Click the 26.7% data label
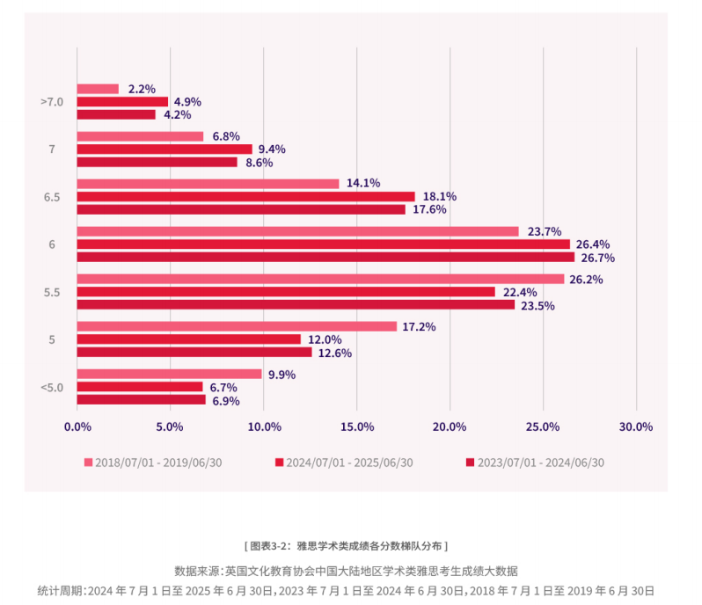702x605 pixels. point(596,258)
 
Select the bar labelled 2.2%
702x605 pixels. point(98,89)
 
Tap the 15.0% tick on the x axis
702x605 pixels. point(357,426)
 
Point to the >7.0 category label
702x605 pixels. point(52,102)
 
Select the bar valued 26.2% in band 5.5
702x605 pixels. point(320,279)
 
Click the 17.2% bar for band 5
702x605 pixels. point(237,326)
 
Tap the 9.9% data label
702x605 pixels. point(282,375)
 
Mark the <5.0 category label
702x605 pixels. point(52,387)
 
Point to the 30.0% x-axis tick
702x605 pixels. point(636,426)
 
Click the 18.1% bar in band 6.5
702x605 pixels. point(245,196)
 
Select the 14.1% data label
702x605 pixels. point(363,184)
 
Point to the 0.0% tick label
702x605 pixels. point(77,426)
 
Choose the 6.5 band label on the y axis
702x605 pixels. point(52,197)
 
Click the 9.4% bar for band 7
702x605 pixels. point(165,149)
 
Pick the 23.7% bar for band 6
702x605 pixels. point(298,231)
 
